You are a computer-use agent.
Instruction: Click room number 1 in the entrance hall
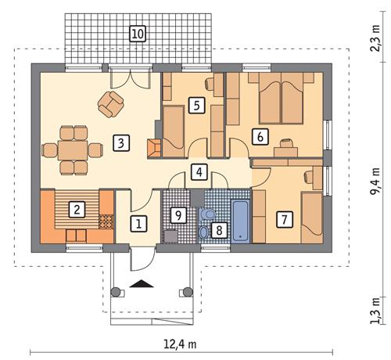tap(138, 225)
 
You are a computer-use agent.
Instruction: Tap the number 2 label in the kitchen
tap(77, 209)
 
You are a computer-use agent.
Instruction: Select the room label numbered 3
tap(119, 142)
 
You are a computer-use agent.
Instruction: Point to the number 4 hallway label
tap(199, 171)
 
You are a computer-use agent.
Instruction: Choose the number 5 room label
tap(196, 103)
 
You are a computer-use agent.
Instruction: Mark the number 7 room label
tap(285, 219)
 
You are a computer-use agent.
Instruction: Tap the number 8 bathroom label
tap(219, 231)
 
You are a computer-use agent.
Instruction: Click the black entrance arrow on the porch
tap(141, 285)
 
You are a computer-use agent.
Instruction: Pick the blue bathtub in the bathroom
tap(241, 221)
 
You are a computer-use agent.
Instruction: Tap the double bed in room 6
tap(282, 99)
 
